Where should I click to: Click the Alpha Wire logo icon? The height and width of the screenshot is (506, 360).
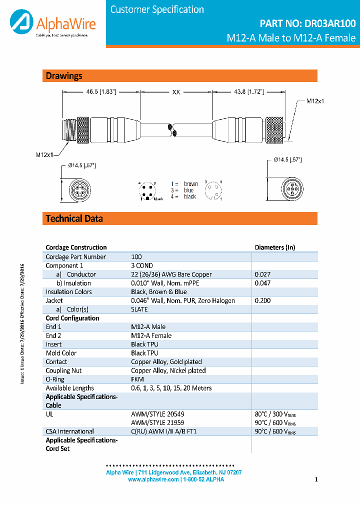pyautogui.click(x=20, y=23)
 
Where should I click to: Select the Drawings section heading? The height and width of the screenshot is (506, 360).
pyautogui.click(x=64, y=76)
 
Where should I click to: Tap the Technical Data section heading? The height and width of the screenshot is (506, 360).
pyautogui.click(x=74, y=218)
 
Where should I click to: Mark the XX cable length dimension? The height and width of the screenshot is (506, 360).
pyautogui.click(x=176, y=92)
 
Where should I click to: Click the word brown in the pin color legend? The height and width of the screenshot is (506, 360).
pyautogui.click(x=190, y=184)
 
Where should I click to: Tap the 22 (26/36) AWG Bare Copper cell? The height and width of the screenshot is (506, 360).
pyautogui.click(x=171, y=274)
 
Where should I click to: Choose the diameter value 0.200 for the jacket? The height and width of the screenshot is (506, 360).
pyautogui.click(x=262, y=300)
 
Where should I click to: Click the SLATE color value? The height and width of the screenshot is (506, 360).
pyautogui.click(x=140, y=309)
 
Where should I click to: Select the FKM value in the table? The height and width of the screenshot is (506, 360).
pyautogui.click(x=137, y=379)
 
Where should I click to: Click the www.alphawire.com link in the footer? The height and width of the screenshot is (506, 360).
pyautogui.click(x=153, y=479)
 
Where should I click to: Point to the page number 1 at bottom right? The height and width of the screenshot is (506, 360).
pyautogui.click(x=316, y=479)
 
